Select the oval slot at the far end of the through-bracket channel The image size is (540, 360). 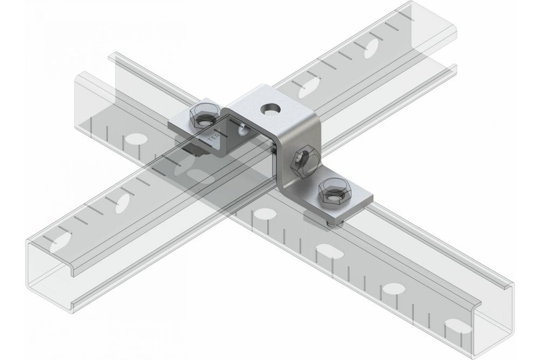click(372, 49)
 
